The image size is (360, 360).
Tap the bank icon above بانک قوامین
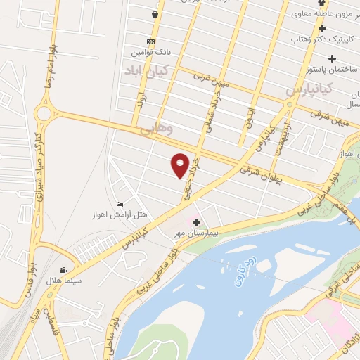[149, 41]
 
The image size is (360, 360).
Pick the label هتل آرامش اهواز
[122, 214]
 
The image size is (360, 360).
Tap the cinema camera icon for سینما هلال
[63, 270]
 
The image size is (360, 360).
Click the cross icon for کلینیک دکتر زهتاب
[323, 29]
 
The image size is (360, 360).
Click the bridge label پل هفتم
[349, 214]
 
